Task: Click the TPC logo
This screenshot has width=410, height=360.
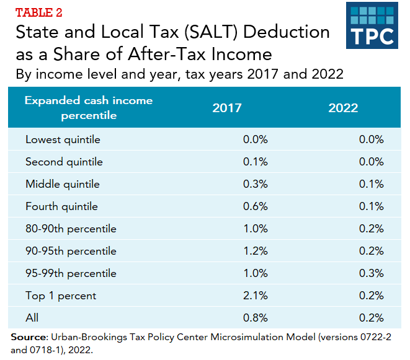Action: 372,25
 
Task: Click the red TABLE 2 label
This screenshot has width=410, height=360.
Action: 38,12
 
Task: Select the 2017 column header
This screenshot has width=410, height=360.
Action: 227,108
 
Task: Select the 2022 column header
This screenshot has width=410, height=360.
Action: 344,108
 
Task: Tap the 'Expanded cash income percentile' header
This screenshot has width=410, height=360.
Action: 88,108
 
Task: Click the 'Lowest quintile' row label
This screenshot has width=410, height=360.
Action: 63,139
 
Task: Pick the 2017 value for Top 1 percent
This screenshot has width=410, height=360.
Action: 255,296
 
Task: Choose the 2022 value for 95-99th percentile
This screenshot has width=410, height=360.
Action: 372,273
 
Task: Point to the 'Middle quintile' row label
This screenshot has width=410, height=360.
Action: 63,184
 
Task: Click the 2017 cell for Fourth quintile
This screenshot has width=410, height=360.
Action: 255,206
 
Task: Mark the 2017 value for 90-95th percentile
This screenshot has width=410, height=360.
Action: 255,251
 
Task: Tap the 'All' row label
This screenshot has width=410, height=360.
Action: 32,318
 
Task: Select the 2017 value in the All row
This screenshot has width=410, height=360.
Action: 255,318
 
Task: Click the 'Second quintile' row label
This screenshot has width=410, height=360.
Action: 64,162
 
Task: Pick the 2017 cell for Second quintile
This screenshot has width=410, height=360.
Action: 255,162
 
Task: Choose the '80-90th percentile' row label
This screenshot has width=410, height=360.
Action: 71,229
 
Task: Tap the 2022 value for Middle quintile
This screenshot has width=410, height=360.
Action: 372,184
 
